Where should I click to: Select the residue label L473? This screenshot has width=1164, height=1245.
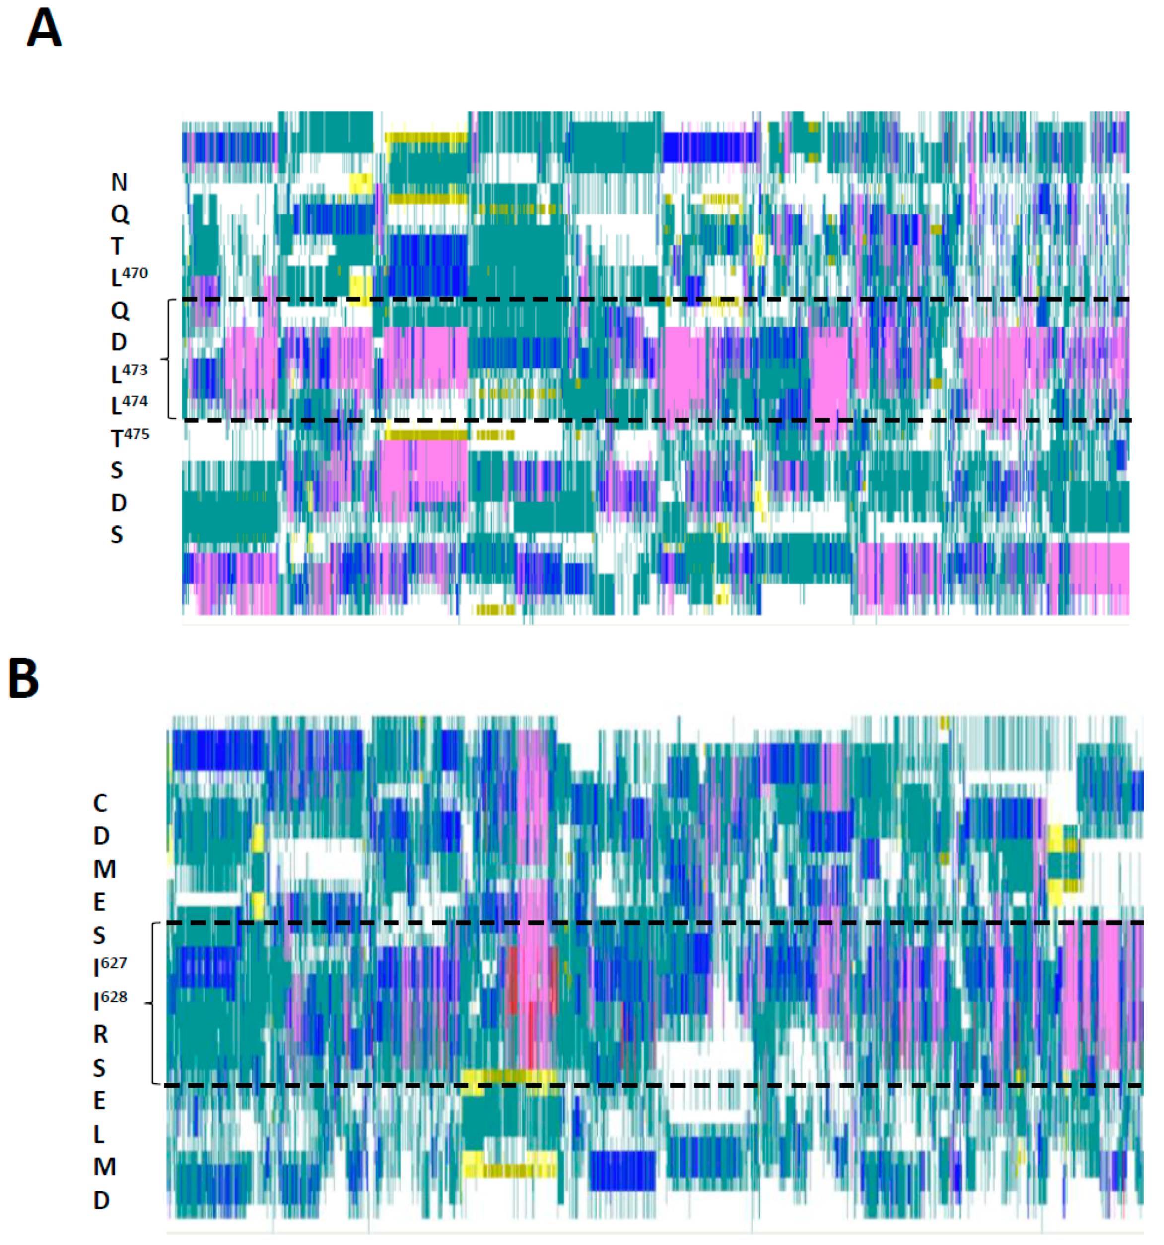click(128, 373)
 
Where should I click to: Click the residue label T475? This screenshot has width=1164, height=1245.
click(130, 437)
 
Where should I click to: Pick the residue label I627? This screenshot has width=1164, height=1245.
click(110, 967)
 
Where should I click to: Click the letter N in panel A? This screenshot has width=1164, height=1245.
click(119, 182)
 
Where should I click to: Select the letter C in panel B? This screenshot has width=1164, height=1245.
click(100, 803)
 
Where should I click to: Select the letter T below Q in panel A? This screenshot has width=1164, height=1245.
click(117, 247)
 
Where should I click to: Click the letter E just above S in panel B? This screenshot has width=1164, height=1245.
click(99, 902)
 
